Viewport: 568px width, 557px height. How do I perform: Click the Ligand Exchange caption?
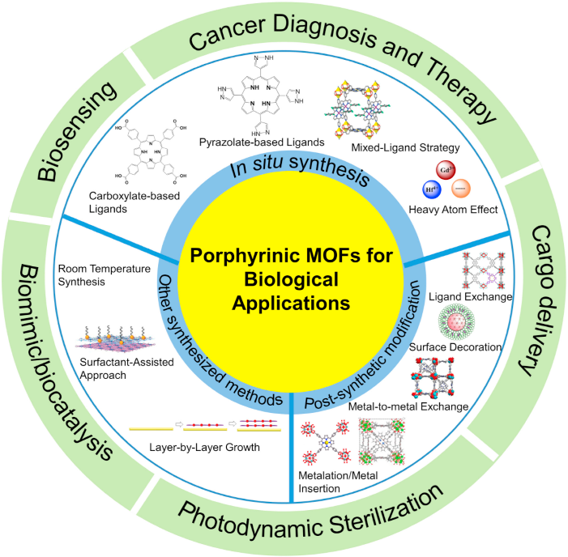pos(469,297)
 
